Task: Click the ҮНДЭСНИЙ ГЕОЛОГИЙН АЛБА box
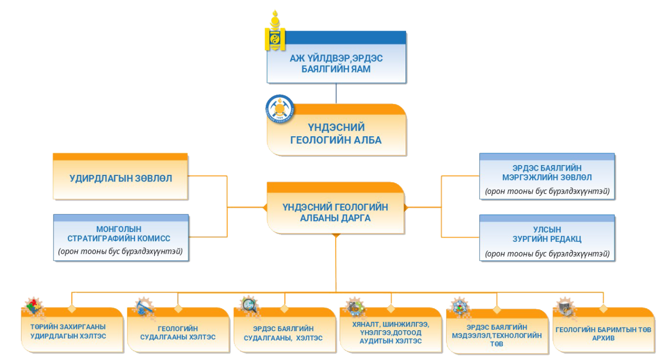click(337, 133)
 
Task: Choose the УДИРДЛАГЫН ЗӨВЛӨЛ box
click(121, 179)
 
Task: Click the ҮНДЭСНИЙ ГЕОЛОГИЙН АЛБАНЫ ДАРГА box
click(336, 212)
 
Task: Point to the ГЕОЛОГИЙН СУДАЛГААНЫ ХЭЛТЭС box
click(178, 333)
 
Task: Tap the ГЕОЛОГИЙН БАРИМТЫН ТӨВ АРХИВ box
click(603, 332)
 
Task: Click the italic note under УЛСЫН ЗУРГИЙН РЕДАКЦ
click(547, 254)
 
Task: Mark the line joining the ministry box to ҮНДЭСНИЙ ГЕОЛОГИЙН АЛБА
click(337, 93)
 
